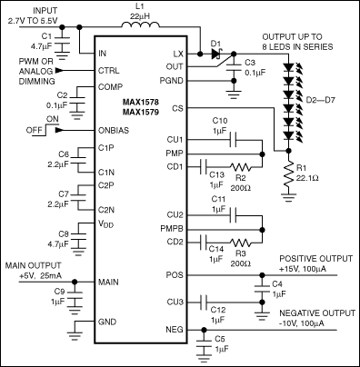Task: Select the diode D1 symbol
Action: pyautogui.click(x=216, y=54)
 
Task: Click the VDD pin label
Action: pyautogui.click(x=106, y=223)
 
